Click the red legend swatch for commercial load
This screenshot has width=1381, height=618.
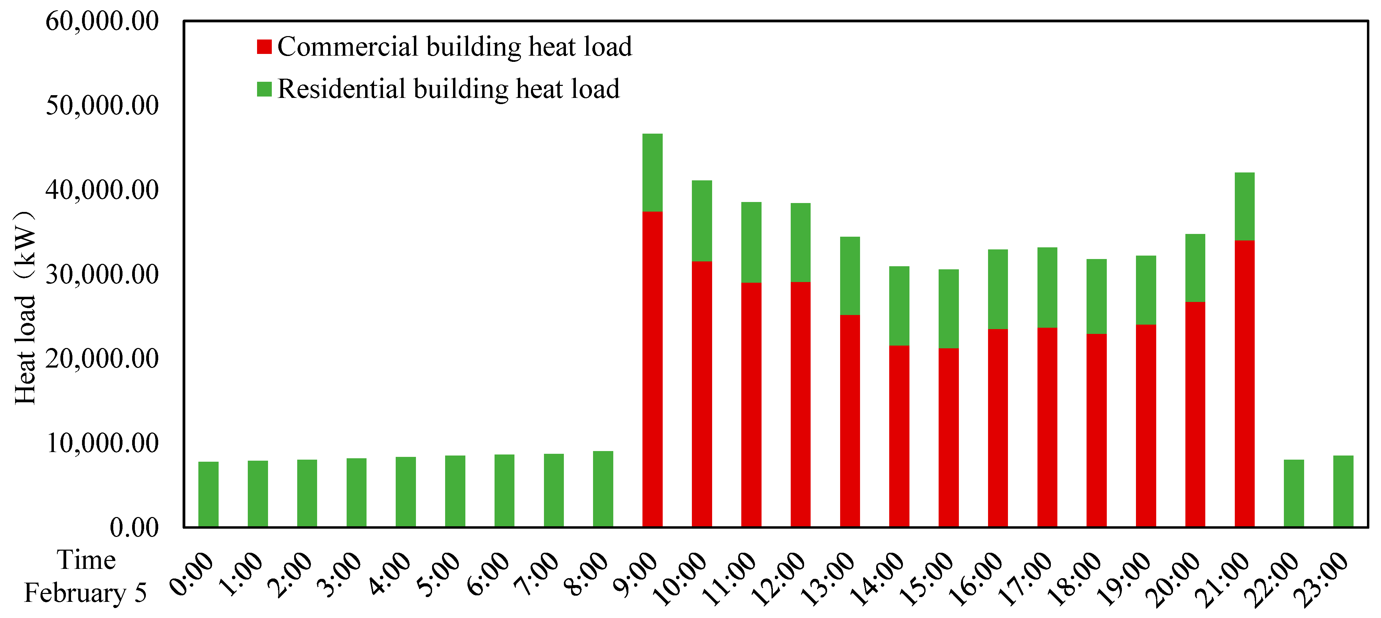(264, 47)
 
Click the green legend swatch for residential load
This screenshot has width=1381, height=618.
(264, 89)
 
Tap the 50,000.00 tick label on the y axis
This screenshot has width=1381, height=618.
(102, 105)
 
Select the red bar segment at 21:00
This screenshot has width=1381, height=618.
(1244, 384)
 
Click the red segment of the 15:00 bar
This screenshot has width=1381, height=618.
(948, 437)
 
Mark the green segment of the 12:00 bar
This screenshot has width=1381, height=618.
(800, 243)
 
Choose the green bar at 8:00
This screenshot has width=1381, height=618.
(603, 489)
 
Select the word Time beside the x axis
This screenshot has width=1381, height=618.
(86, 560)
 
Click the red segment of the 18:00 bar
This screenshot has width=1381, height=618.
(1096, 430)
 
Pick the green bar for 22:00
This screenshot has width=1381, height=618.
(1293, 493)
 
